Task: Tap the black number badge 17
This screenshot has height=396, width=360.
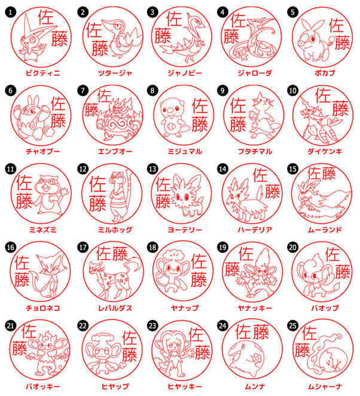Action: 82,246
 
